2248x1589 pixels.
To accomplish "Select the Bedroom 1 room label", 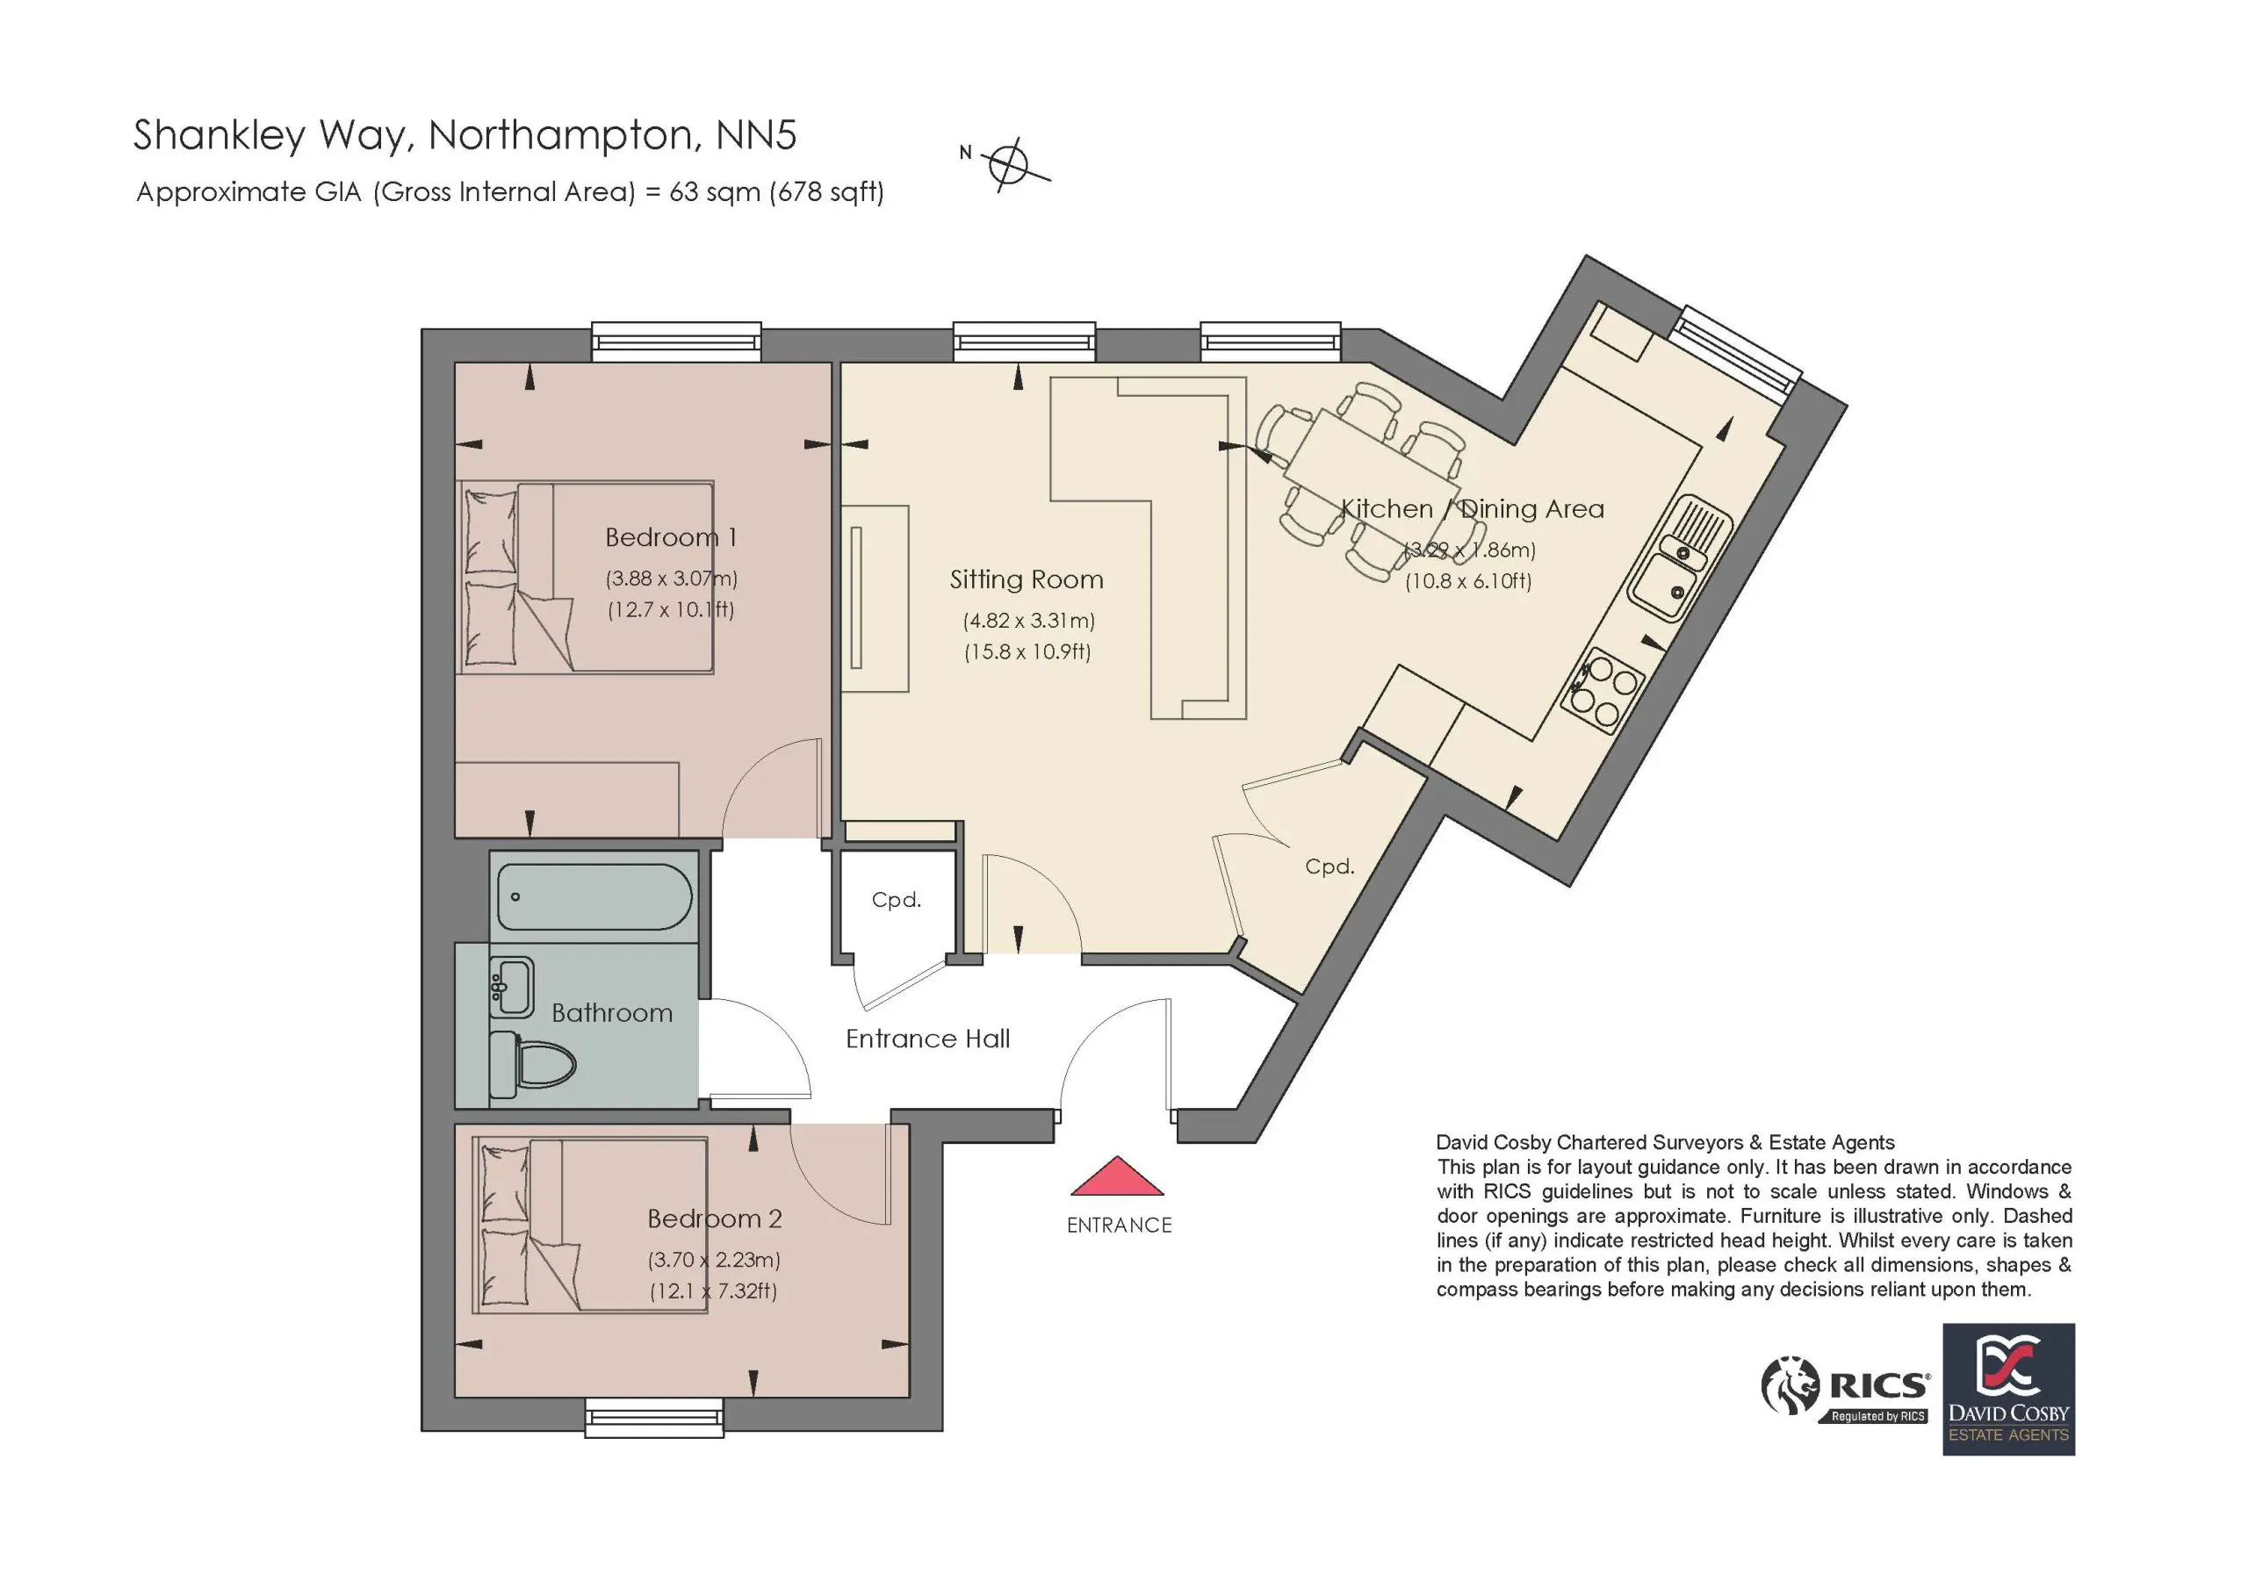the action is pyautogui.click(x=671, y=537).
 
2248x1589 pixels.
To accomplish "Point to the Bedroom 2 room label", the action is pyautogui.click(x=715, y=1219).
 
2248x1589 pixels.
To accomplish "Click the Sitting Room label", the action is pyautogui.click(x=1027, y=579).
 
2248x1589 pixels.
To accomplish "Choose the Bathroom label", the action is pyautogui.click(x=612, y=1013).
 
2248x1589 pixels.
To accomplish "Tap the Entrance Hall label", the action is pyautogui.click(x=928, y=1039).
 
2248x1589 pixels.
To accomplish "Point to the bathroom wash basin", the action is pyautogui.click(x=511, y=987).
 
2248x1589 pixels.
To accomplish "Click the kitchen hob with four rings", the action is pyautogui.click(x=1603, y=691).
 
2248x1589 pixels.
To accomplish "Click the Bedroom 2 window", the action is pyautogui.click(x=654, y=1417).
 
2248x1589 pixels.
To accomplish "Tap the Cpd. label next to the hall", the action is pyautogui.click(x=897, y=900).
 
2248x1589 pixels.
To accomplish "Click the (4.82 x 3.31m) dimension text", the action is pyautogui.click(x=1029, y=621).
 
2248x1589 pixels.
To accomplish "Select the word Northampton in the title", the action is pyautogui.click(x=565, y=136).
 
